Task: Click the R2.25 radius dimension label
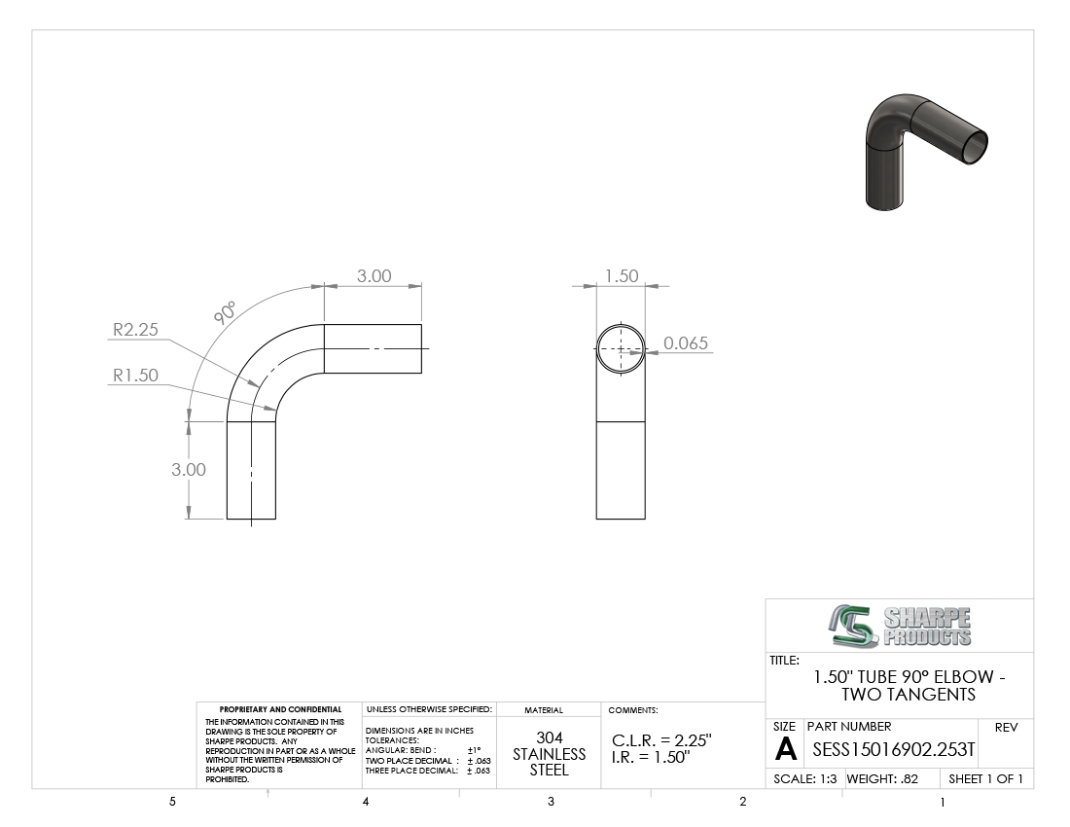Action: coord(135,330)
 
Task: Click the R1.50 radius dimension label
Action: coord(135,376)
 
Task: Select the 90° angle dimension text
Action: coord(225,312)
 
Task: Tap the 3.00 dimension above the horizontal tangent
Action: coord(374,275)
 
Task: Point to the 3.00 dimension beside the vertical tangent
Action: coord(189,470)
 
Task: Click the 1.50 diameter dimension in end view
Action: coord(622,275)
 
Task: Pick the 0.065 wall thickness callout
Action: coord(686,343)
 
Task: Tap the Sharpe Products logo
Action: coord(900,626)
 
